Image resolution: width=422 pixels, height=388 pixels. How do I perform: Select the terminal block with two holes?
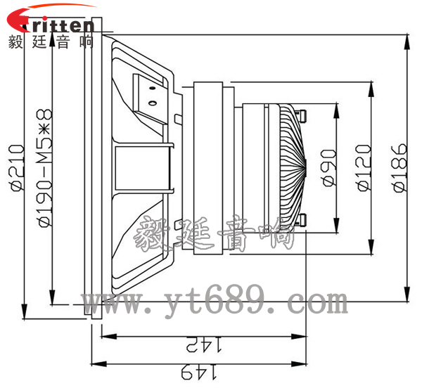pyautogui.click(x=150, y=96)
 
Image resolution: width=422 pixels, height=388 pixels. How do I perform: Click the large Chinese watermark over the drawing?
pyautogui.click(x=215, y=235)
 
